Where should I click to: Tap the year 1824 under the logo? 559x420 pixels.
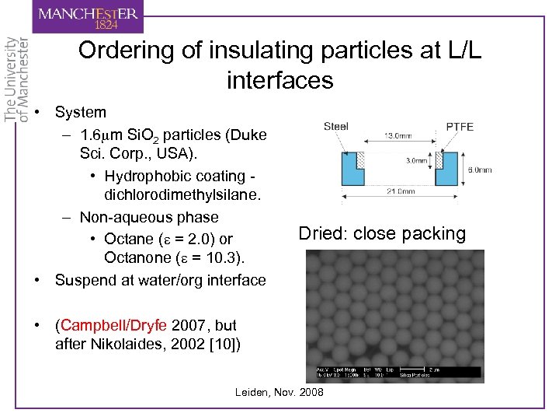pos(106,26)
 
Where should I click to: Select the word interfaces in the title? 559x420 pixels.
pos(279,79)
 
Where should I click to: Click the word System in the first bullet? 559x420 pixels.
pos(81,112)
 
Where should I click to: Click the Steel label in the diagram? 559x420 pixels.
pos(336,126)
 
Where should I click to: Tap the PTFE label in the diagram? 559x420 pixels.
pos(460,127)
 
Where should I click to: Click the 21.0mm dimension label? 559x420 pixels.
pos(399,191)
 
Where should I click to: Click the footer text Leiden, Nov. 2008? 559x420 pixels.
pos(279,392)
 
